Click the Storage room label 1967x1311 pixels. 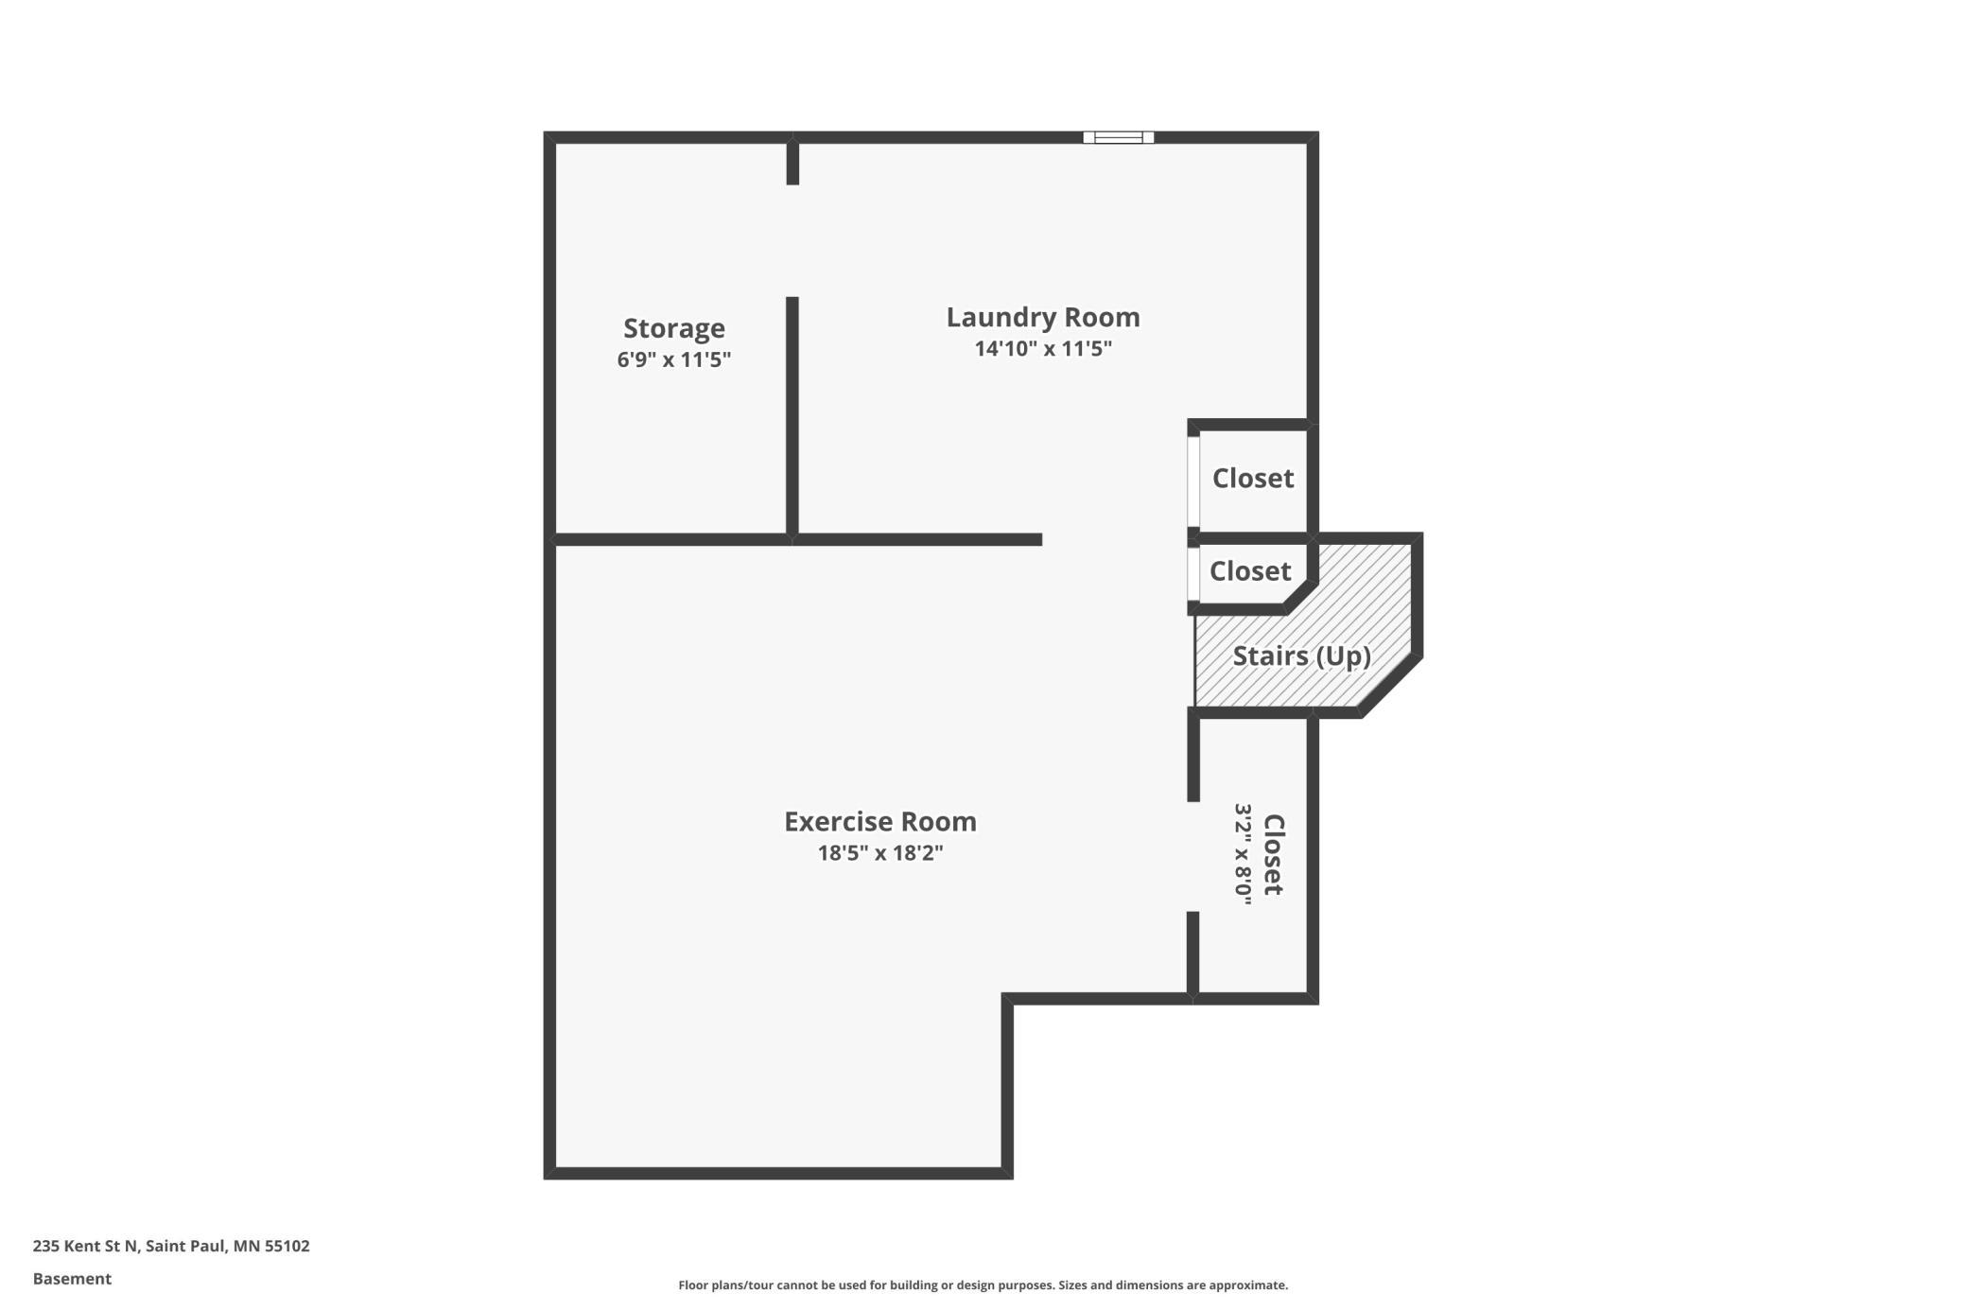tap(674, 328)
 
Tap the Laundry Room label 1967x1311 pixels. tap(1043, 317)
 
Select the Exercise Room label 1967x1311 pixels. tap(880, 821)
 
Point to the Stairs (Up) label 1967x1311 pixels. tap(1301, 655)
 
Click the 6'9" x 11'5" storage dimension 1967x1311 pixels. tap(674, 359)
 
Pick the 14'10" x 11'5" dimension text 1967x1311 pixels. tap(1043, 348)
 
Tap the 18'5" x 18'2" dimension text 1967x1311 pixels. tap(880, 852)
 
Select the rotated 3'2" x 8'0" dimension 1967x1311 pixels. tap(1243, 854)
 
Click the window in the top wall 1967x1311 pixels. tap(1119, 137)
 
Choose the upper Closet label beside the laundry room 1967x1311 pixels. tap(1253, 478)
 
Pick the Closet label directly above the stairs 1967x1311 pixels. tap(1250, 570)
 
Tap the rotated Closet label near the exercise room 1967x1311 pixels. tap(1274, 854)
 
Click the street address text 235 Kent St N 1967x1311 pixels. tap(86, 1246)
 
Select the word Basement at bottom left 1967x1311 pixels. tap(72, 1279)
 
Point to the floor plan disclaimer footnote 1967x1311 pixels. tap(983, 1285)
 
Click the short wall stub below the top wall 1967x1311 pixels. tap(792, 164)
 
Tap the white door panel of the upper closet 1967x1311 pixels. tap(1193, 481)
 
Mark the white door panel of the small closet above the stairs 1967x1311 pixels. tap(1193, 574)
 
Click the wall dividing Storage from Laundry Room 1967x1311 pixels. tap(792, 416)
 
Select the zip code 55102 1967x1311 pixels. tap(287, 1246)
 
